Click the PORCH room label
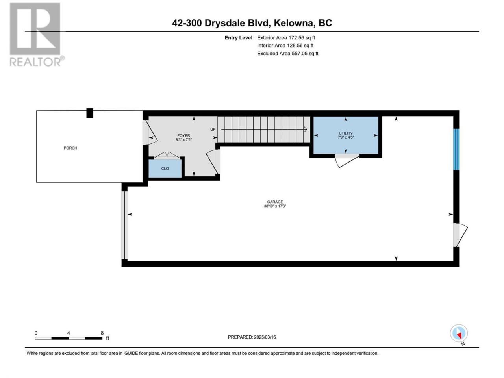pyautogui.click(x=70, y=148)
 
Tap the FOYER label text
pyautogui.click(x=183, y=135)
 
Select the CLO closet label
pyautogui.click(x=165, y=169)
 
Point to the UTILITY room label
pyautogui.click(x=346, y=133)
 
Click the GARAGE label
pyautogui.click(x=275, y=202)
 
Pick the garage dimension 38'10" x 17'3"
pyautogui.click(x=275, y=206)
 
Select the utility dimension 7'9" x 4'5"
pyautogui.click(x=346, y=137)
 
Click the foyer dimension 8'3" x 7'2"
pyautogui.click(x=183, y=139)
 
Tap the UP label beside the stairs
pyautogui.click(x=213, y=130)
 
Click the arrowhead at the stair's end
pyautogui.click(x=306, y=130)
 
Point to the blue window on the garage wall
pyautogui.click(x=456, y=149)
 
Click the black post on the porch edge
pyautogui.click(x=90, y=113)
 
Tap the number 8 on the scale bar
pyautogui.click(x=102, y=333)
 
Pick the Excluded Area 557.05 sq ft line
pyautogui.click(x=288, y=54)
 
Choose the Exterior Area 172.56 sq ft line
pyautogui.click(x=286, y=38)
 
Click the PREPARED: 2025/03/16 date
pyautogui.click(x=252, y=337)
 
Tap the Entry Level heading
pyautogui.click(x=238, y=38)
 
